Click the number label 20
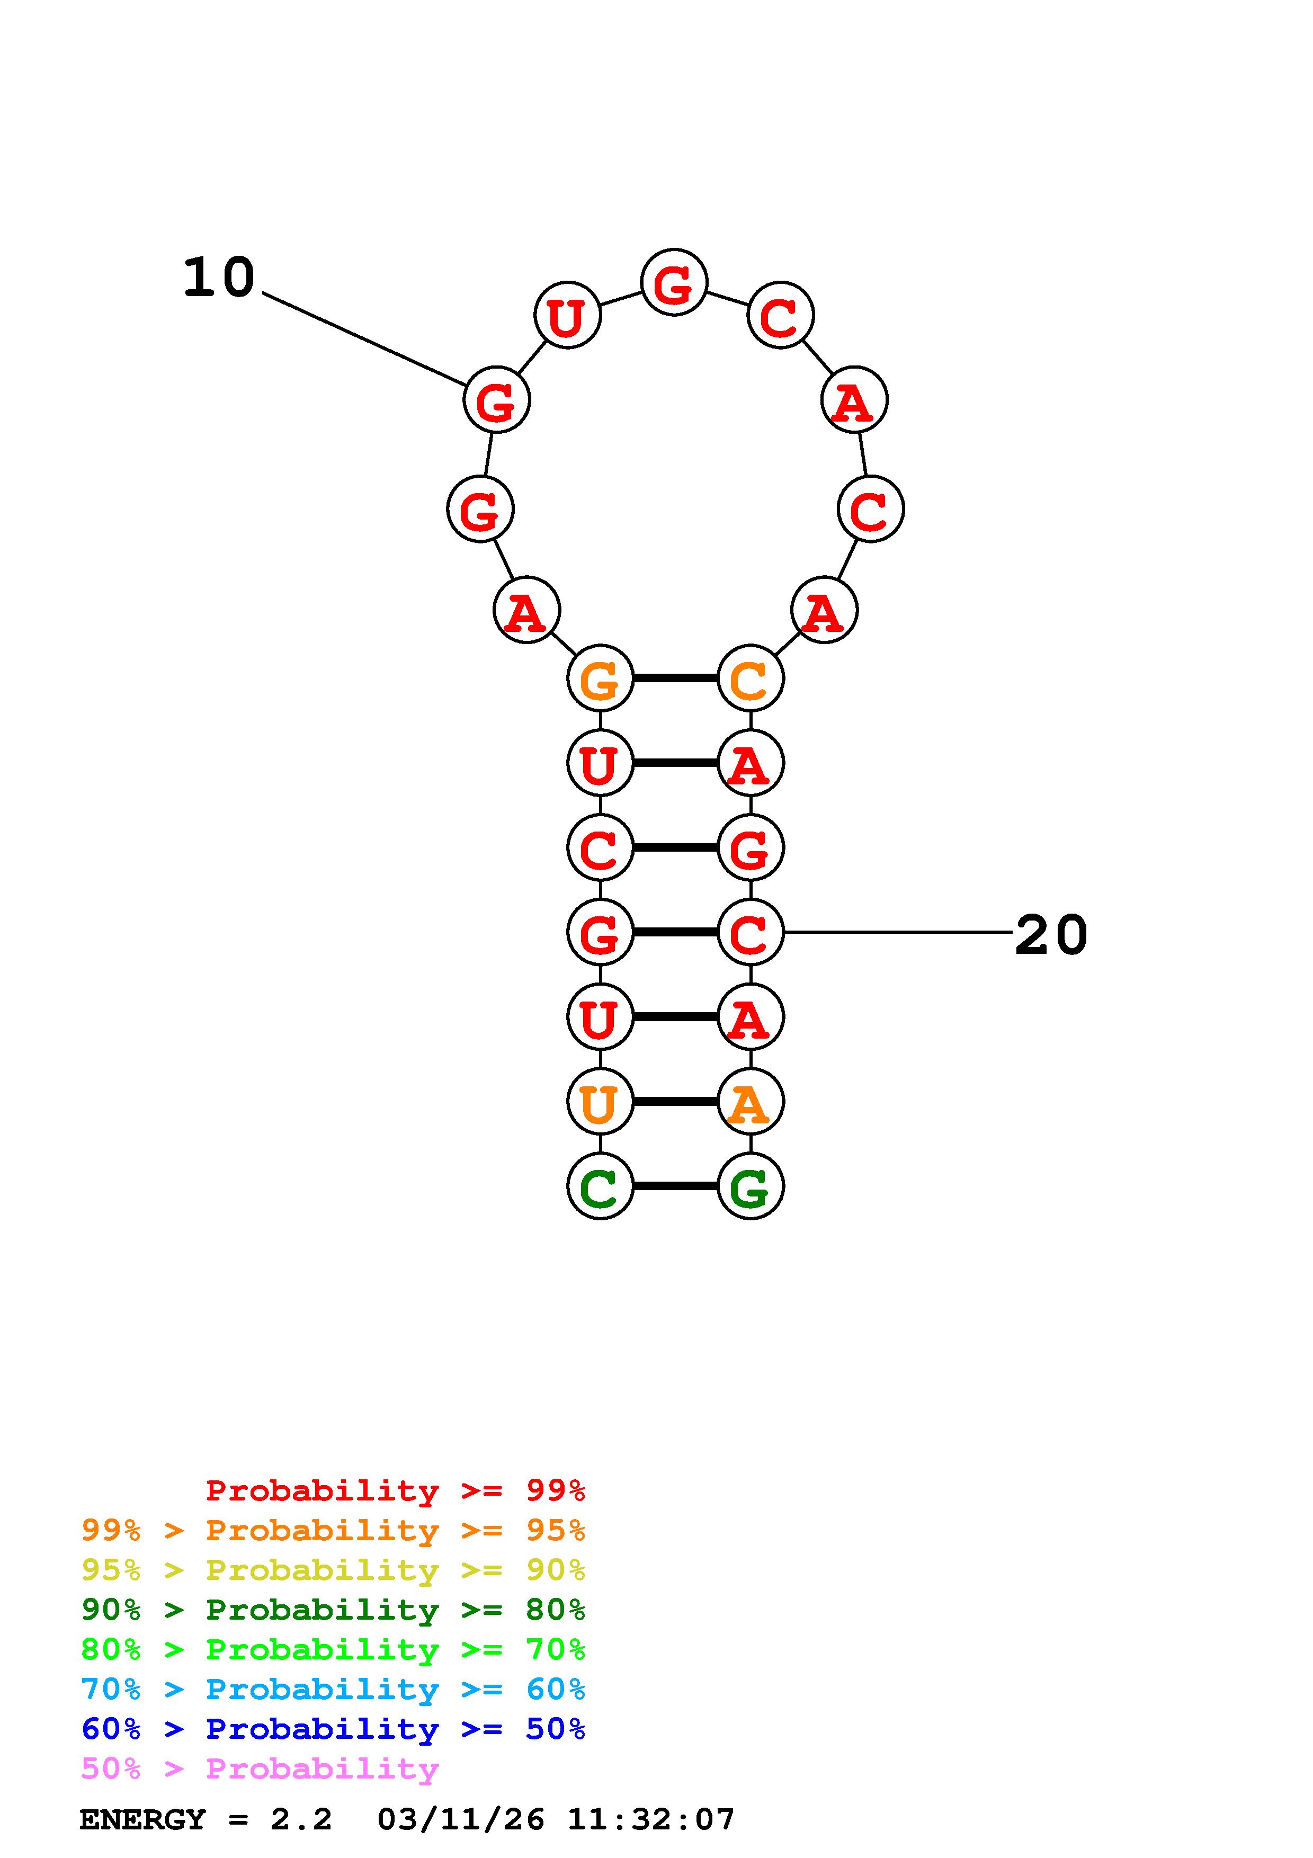[x=1050, y=935]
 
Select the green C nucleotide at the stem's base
[x=600, y=1186]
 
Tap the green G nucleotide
[x=750, y=1186]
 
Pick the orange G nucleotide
[x=600, y=678]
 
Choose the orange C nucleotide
[x=750, y=678]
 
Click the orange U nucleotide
[x=600, y=1101]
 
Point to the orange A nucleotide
[x=750, y=1101]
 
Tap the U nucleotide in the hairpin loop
[x=567, y=316]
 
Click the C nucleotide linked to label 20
[x=750, y=932]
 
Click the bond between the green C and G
[x=675, y=1186]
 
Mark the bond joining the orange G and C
[x=675, y=678]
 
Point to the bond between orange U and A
[x=675, y=1101]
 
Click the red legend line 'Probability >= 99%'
[x=395, y=1490]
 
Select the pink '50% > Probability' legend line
[x=260, y=1769]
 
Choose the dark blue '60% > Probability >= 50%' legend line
[x=333, y=1729]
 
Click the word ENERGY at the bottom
[x=142, y=1820]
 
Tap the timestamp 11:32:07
[x=650, y=1820]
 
